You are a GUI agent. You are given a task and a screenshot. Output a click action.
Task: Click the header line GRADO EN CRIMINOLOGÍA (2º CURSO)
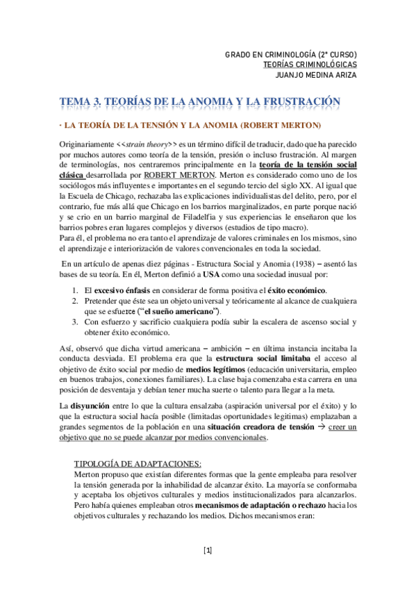click(x=291, y=54)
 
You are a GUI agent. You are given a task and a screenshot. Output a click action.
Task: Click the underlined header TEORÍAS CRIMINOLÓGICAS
click(x=310, y=65)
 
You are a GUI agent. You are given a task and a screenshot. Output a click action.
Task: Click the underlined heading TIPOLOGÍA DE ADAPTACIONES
click(x=138, y=463)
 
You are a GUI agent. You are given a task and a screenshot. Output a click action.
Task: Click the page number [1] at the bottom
click(x=208, y=551)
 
